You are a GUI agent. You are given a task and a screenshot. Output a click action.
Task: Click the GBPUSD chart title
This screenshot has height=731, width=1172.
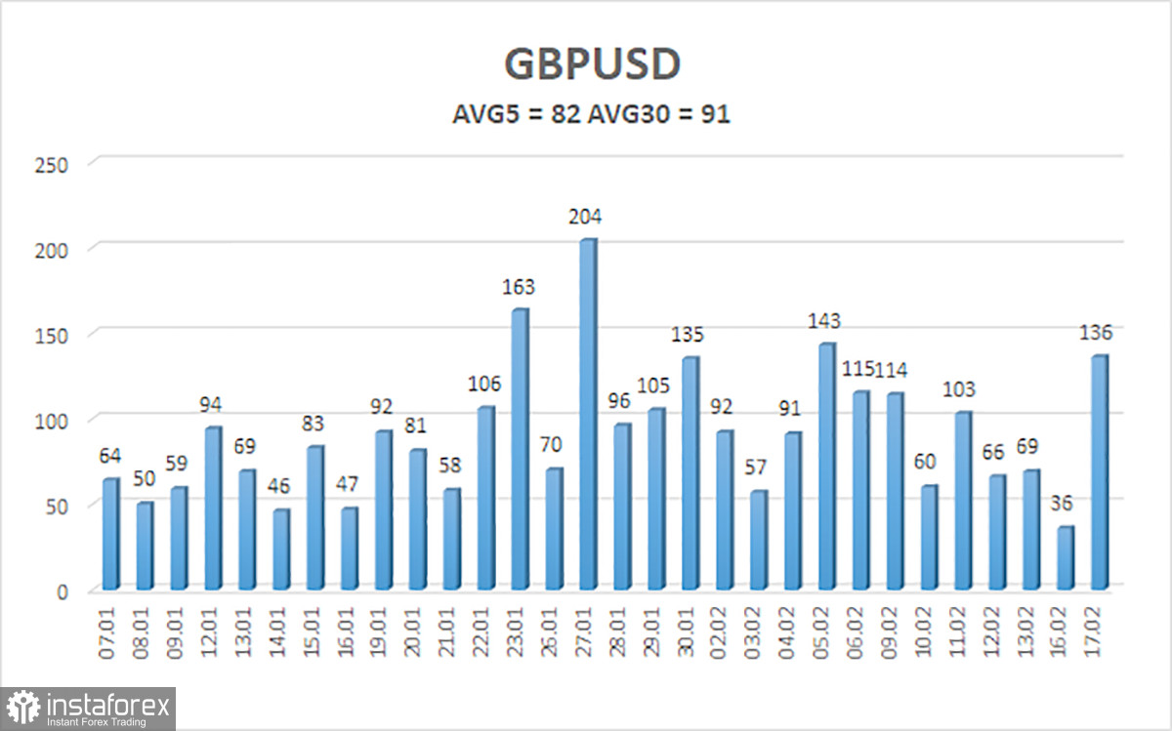pyautogui.click(x=592, y=64)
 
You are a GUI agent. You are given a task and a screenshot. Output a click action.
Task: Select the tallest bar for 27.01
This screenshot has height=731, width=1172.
pyautogui.click(x=588, y=415)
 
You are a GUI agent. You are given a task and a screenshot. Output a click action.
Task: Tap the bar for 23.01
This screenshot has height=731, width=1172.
pyautogui.click(x=520, y=449)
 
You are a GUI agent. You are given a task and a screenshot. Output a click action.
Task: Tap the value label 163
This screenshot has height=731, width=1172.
pyautogui.click(x=520, y=289)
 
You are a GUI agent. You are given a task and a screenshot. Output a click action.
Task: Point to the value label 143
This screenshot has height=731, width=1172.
pyautogui.click(x=824, y=322)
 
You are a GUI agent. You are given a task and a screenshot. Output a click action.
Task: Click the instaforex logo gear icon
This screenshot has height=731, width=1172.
pyautogui.click(x=24, y=709)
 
